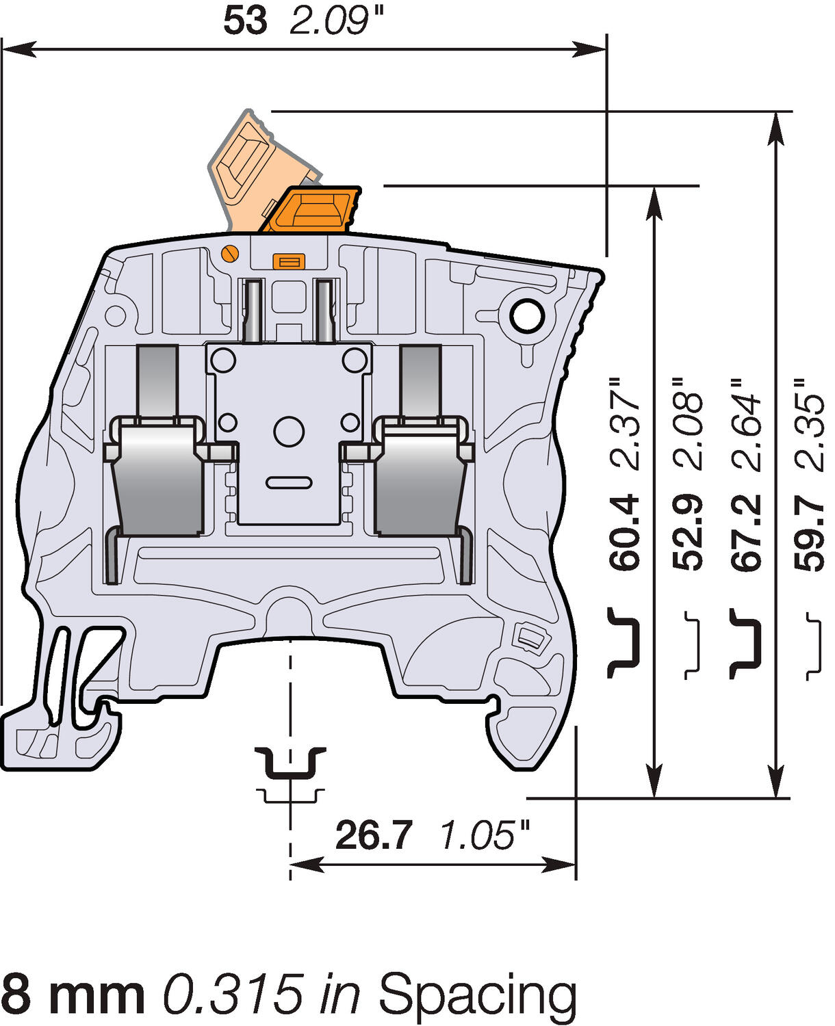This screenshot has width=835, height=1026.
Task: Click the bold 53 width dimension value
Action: point(245,22)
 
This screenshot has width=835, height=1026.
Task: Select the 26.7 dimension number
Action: point(374,836)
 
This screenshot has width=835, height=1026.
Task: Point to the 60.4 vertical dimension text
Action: point(625,532)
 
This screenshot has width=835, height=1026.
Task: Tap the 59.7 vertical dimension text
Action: point(809,532)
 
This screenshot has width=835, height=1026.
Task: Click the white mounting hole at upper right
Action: point(527,316)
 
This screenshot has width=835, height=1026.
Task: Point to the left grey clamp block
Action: point(157,479)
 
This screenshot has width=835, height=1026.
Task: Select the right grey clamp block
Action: point(419,479)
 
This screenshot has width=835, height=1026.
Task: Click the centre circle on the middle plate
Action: point(289,431)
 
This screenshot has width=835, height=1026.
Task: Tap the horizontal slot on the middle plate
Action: point(289,483)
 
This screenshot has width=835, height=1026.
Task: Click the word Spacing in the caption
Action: point(478,995)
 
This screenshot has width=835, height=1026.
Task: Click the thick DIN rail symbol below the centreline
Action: point(290,763)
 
